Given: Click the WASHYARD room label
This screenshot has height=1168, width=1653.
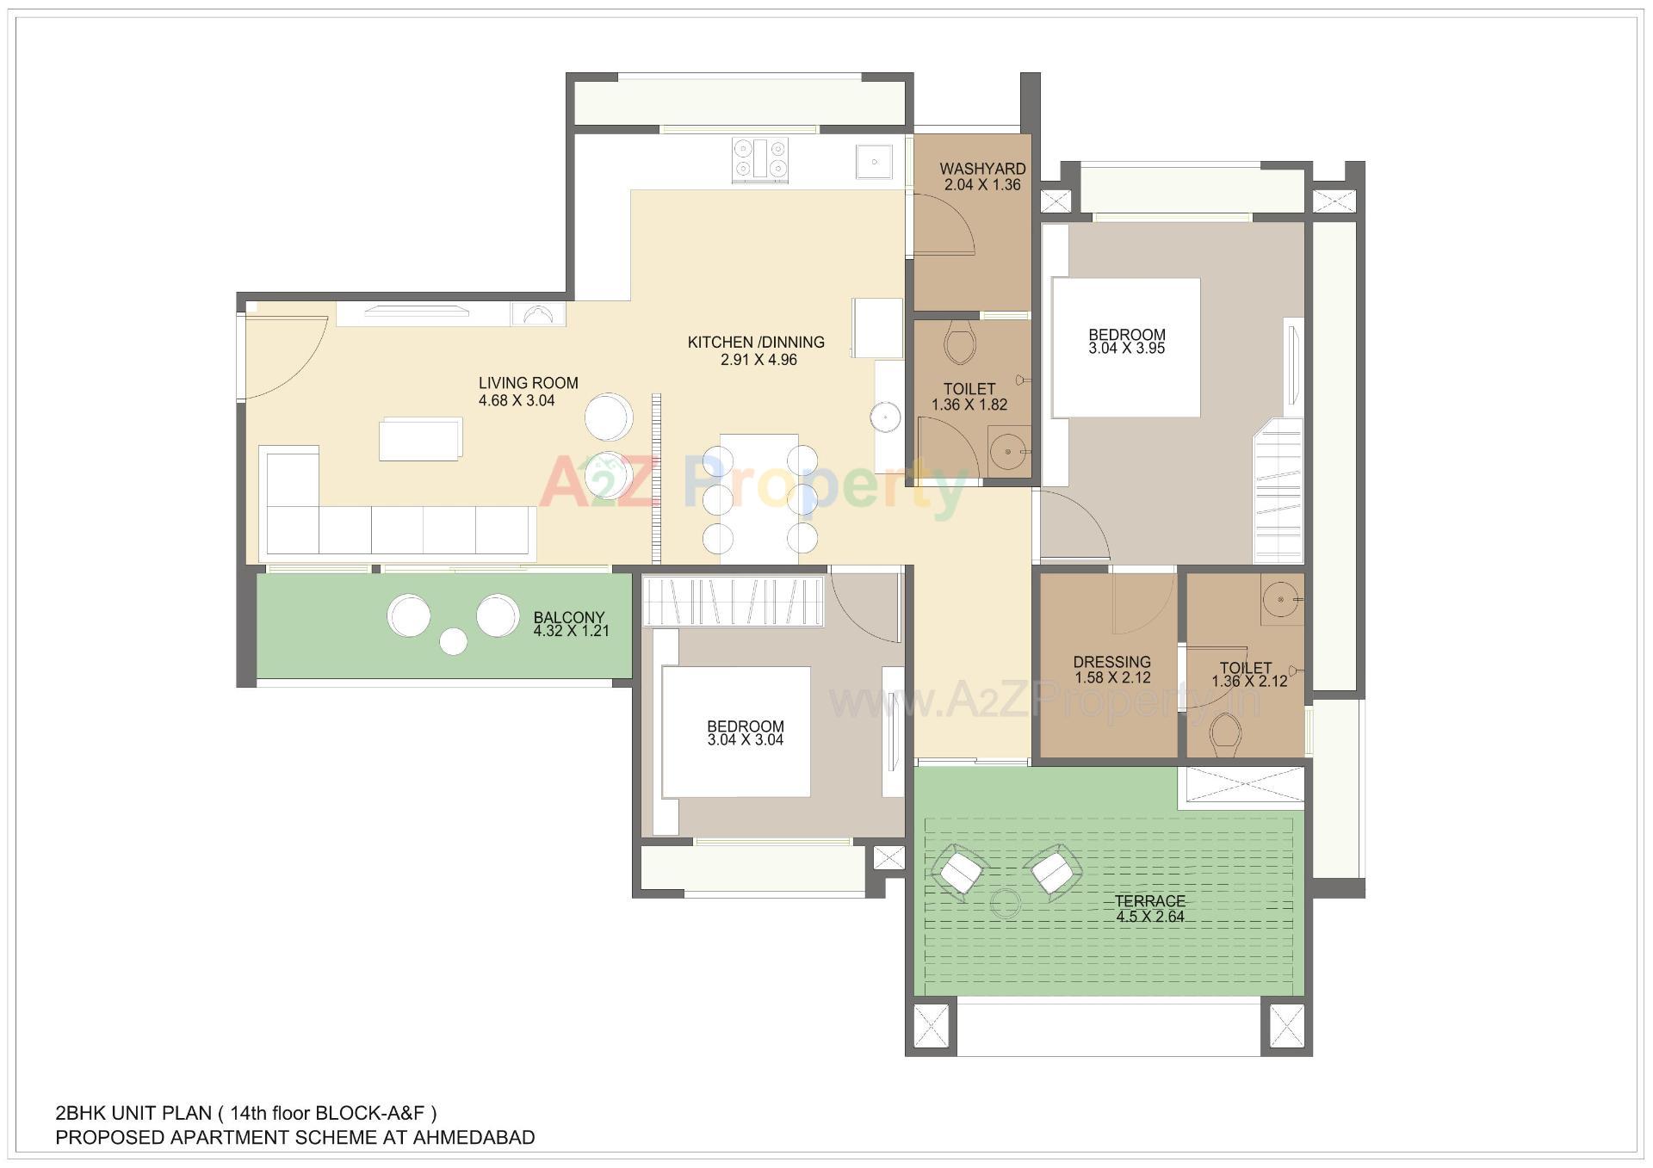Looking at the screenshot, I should [982, 169].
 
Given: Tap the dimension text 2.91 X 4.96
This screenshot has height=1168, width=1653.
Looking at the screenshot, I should [758, 360].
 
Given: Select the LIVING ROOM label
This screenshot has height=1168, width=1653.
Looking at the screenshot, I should [528, 383].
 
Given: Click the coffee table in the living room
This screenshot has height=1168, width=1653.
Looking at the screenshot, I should [420, 438].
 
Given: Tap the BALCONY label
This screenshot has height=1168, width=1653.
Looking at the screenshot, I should [568, 617].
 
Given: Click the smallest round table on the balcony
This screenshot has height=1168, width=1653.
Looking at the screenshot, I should [453, 641].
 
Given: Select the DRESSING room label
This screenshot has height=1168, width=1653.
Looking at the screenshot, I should [1111, 662].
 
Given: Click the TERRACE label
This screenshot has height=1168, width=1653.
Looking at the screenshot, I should [1149, 901].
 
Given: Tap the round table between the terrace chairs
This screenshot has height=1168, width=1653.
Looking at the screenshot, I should [1005, 904].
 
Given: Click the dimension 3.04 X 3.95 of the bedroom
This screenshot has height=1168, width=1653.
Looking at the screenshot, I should [1126, 349].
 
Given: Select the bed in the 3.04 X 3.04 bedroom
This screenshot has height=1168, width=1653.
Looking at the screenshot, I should [736, 732].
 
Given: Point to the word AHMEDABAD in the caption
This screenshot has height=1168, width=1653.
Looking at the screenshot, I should [474, 1138].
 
